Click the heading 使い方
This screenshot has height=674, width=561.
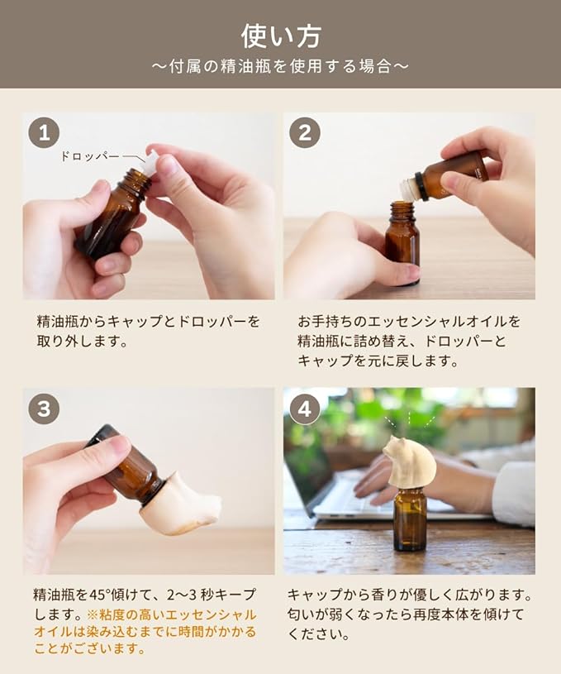[x=281, y=36]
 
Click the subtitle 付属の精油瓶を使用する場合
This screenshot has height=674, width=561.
[x=280, y=67]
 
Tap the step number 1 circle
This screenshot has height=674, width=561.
[x=44, y=133]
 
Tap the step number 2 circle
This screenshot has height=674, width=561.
[x=305, y=133]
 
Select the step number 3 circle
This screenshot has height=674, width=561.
[x=44, y=409]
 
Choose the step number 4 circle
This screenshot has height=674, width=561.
[x=305, y=409]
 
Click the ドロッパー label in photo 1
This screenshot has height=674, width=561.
[x=89, y=156]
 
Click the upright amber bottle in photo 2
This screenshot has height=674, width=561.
[x=402, y=243]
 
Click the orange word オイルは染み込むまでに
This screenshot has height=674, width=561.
[x=100, y=632]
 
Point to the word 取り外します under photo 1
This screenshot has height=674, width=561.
[x=83, y=341]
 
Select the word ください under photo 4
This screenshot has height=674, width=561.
[x=318, y=633]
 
